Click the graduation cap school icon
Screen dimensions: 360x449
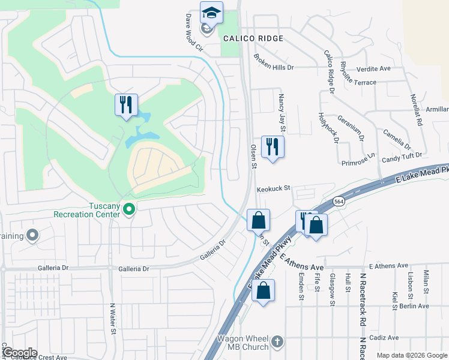[x=211, y=13]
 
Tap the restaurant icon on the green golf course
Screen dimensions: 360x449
[x=126, y=105]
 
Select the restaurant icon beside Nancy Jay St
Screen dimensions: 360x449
[x=273, y=146]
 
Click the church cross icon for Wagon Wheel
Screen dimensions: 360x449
[x=277, y=341]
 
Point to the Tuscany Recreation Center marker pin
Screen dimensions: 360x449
[x=128, y=209]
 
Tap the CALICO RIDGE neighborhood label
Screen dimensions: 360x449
[x=252, y=38]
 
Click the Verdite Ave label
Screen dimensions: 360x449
[x=374, y=69]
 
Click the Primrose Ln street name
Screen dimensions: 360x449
[x=358, y=158]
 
